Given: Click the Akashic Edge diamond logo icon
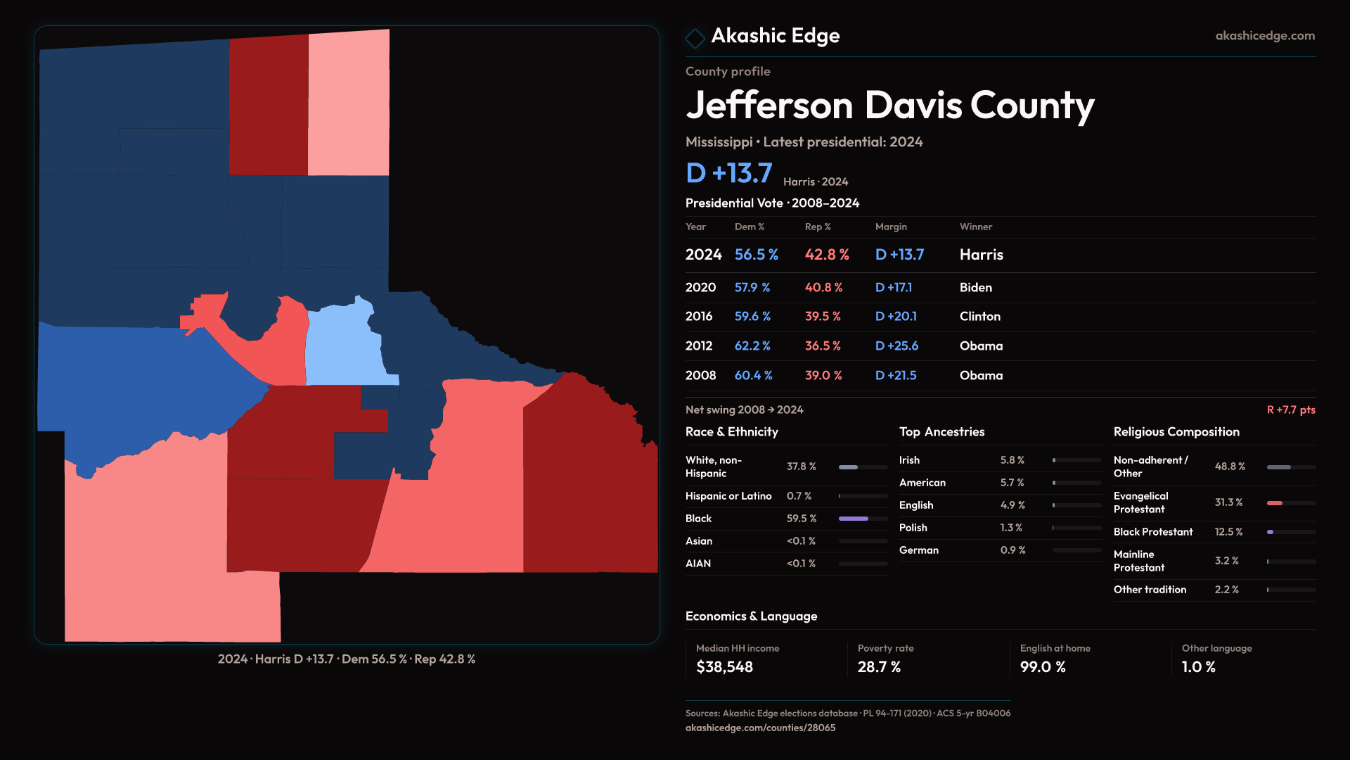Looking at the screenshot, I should coord(695,38).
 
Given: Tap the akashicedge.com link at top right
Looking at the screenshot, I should coord(1265,36).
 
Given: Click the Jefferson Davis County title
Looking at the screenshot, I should coord(889,106).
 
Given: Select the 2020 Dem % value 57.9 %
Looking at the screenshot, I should coord(752,288).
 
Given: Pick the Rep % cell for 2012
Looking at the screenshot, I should coord(823,346).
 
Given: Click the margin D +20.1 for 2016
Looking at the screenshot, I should coord(896,317).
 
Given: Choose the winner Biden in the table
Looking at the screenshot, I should coord(975,288).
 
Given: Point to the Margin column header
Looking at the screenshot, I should coord(891,227).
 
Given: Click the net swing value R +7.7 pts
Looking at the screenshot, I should coord(1291,410).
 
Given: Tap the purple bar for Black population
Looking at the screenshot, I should coord(854,519).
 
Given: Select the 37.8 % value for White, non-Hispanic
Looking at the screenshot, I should coord(801,467).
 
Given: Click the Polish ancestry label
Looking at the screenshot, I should coord(913,528).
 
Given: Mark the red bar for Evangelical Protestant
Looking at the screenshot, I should coord(1275,503).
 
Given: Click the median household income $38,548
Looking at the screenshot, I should coord(724,667).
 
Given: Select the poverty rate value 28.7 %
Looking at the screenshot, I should coord(879,667).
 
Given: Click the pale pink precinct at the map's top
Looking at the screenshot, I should coord(349,106).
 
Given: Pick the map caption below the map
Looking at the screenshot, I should coord(347,659).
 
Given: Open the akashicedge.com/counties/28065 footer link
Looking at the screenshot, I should coord(760,728).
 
